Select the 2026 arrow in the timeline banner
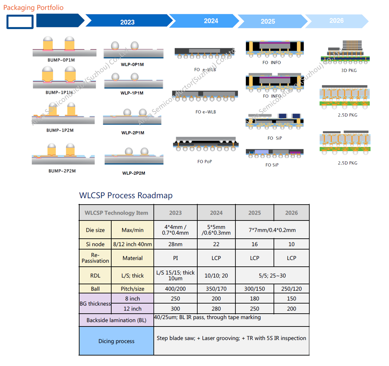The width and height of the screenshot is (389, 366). pyautogui.click(x=336, y=21)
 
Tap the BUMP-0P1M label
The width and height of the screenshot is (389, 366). pyautogui.click(x=61, y=60)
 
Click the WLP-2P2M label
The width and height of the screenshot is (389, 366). pyautogui.click(x=134, y=173)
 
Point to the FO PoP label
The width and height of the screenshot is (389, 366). pyautogui.click(x=204, y=162)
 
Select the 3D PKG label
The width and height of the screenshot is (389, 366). pyautogui.click(x=349, y=71)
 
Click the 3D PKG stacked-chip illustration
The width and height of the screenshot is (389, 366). pyautogui.click(x=345, y=53)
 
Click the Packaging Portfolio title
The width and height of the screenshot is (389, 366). pyautogui.click(x=33, y=7)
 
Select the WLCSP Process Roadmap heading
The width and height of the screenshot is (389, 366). pyautogui.click(x=126, y=195)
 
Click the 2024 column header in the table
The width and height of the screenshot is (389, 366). pyautogui.click(x=216, y=213)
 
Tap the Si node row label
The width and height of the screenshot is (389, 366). pyautogui.click(x=95, y=244)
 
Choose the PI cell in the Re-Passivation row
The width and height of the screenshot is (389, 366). pyautogui.click(x=175, y=258)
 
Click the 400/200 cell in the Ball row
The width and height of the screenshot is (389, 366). pyautogui.click(x=175, y=289)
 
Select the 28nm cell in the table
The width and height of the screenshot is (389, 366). pyautogui.click(x=175, y=244)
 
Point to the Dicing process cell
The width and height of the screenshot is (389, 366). pyautogui.click(x=116, y=341)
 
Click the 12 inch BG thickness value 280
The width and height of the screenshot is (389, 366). pyautogui.click(x=216, y=309)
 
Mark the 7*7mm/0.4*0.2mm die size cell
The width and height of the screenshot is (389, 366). pyautogui.click(x=272, y=230)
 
